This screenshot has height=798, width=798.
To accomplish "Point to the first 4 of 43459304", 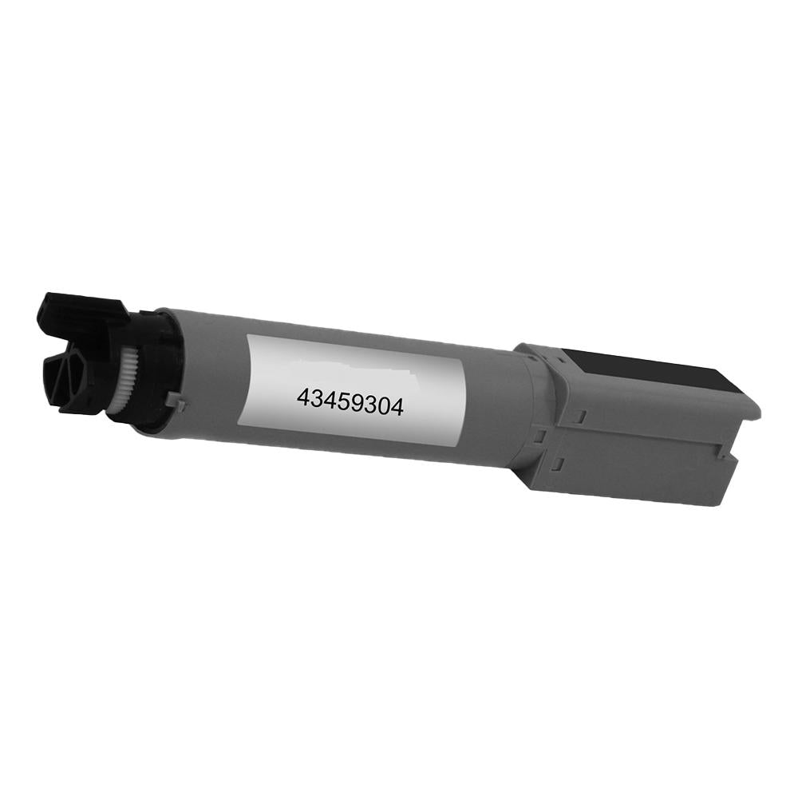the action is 303,396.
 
